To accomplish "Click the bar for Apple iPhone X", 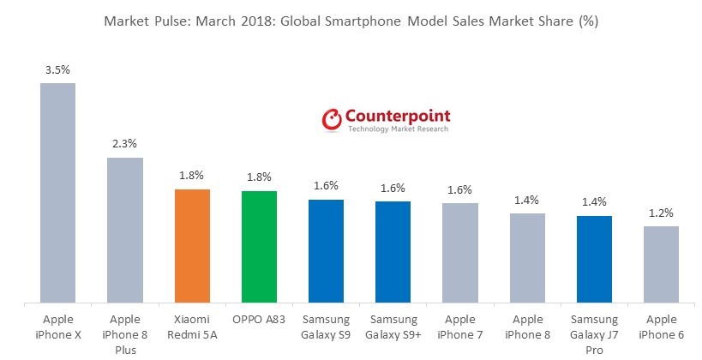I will [x=57, y=193].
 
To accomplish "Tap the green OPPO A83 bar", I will [x=259, y=247].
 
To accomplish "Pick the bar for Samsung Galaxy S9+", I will [x=393, y=252].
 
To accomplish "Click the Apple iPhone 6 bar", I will [x=661, y=264].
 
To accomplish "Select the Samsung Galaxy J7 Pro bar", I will [x=594, y=259].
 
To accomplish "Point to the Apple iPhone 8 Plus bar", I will [x=124, y=230].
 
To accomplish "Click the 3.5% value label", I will [x=57, y=70].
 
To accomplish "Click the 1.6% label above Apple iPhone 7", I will [x=460, y=190].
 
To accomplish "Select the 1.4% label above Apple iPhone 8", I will [x=527, y=201].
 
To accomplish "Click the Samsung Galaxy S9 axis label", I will [x=326, y=327].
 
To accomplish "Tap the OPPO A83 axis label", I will [x=259, y=320].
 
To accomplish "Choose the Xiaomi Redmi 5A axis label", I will [x=191, y=327].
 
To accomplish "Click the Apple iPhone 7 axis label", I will [x=460, y=327].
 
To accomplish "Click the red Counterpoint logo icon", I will [x=332, y=120].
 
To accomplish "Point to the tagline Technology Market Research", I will [x=398, y=129].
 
